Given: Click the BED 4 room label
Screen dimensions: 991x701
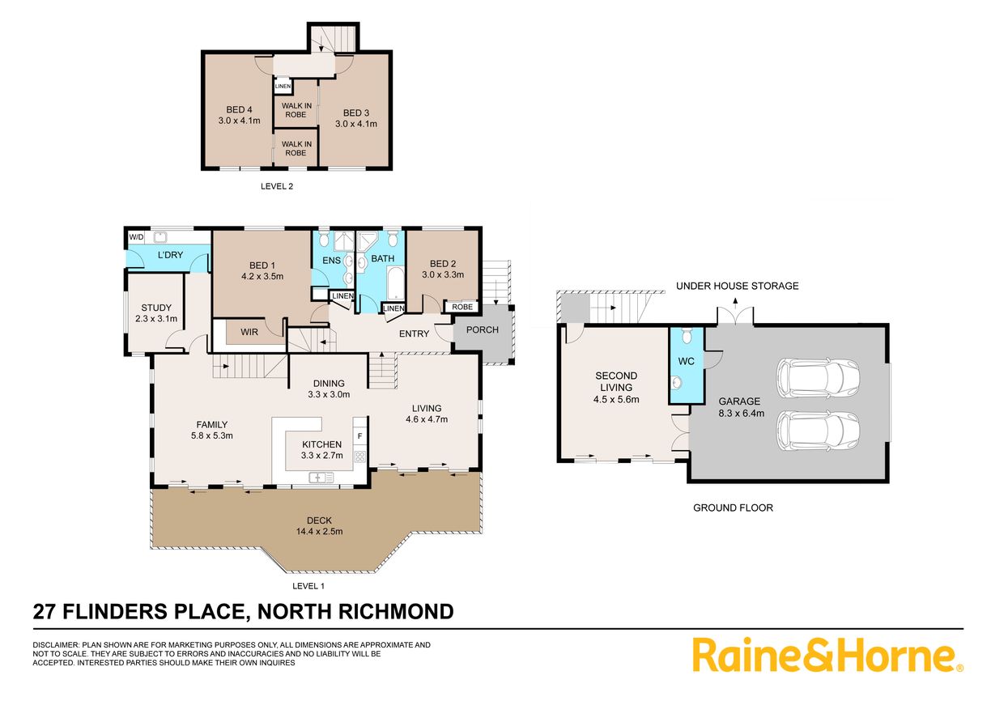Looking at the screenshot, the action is click(x=239, y=110).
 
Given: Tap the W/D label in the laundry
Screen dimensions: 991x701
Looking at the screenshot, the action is click(x=136, y=237).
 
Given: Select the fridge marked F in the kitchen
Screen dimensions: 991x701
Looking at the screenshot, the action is click(x=359, y=435).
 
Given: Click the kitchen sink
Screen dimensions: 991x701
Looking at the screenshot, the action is click(x=321, y=478).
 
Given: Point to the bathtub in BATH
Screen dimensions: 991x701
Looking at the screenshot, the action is click(x=396, y=283).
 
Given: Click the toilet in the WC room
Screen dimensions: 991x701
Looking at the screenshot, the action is click(x=687, y=336).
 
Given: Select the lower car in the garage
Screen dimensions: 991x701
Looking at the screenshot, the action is click(x=818, y=431).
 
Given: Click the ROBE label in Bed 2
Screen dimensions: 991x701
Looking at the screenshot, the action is click(x=462, y=307).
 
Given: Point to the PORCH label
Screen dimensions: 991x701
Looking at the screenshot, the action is click(x=483, y=330).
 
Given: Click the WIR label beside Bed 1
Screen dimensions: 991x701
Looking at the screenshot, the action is click(x=249, y=332).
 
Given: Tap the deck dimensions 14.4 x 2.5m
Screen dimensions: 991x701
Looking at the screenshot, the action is click(x=320, y=531).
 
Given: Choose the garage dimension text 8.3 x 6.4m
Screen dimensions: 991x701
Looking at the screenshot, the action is click(x=742, y=413).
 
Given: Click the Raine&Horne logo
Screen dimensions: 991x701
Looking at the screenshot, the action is click(x=827, y=655).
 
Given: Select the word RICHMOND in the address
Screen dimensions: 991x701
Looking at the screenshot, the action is click(x=397, y=612).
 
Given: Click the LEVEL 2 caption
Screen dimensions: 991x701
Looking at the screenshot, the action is click(x=277, y=187).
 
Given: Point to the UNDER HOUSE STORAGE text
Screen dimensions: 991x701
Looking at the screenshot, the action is click(x=737, y=287).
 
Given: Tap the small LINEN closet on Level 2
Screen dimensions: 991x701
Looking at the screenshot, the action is click(x=283, y=86).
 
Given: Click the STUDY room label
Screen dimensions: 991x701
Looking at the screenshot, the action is click(x=156, y=308).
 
